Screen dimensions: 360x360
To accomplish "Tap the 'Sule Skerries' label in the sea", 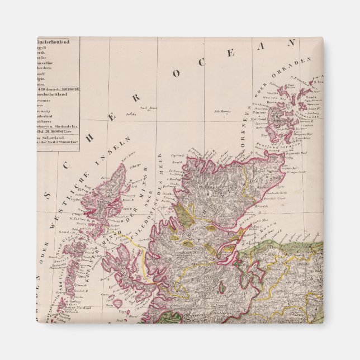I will click(222, 111).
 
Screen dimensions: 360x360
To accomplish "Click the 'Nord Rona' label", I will click(148, 107).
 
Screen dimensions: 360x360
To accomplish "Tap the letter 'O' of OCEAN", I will click(201, 62).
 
